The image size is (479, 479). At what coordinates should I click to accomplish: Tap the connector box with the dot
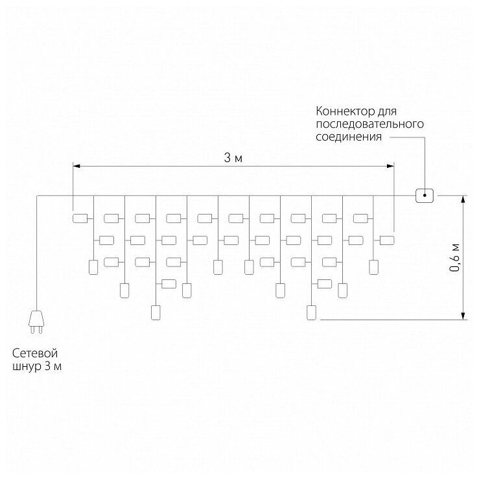[x=425, y=194]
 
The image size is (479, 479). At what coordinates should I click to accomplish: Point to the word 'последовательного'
[x=370, y=124]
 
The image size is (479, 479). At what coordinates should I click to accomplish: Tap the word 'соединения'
[x=349, y=137]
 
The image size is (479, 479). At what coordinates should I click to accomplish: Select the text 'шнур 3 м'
[x=38, y=368]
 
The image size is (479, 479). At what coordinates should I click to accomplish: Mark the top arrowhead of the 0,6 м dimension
[x=464, y=198]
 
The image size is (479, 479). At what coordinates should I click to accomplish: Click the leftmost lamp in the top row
[x=80, y=218]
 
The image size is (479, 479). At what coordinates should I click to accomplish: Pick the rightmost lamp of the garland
[x=387, y=240]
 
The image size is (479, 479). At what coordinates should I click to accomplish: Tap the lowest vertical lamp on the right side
[x=312, y=312]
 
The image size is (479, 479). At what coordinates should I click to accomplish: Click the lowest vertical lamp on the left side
[x=155, y=312]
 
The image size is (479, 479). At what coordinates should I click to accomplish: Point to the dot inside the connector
[x=425, y=194]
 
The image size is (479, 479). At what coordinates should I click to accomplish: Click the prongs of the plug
[x=37, y=331]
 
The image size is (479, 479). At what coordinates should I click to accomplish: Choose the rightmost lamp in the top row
[x=360, y=218]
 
